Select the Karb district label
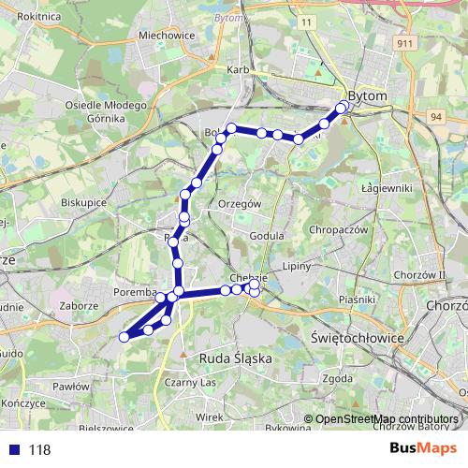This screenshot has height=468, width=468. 236,70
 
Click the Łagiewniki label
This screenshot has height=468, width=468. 387,187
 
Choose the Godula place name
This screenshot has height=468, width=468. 267,237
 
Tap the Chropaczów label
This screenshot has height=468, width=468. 342,228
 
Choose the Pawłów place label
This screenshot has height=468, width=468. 70,386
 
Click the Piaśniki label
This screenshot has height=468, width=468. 358,300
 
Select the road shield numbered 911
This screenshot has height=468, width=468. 405,70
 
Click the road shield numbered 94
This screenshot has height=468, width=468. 436,116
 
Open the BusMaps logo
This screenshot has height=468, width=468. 425,449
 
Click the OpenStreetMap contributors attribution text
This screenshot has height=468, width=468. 388,419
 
